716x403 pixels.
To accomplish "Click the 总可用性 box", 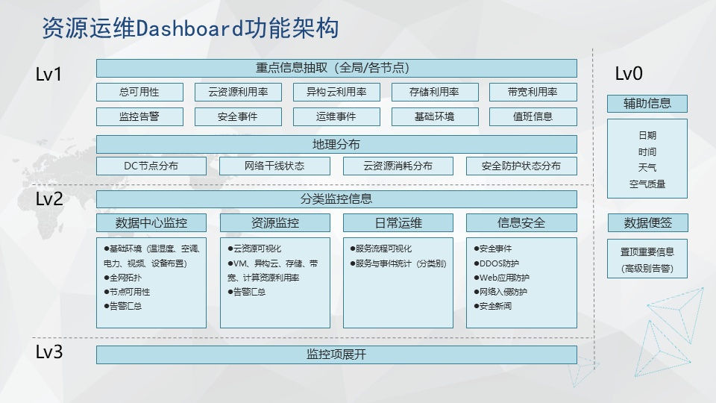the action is pyautogui.click(x=139, y=92).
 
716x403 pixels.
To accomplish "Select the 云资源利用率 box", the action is pyautogui.click(x=238, y=92).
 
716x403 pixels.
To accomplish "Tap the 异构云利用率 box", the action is pyautogui.click(x=336, y=92).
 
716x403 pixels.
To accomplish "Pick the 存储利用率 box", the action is pyautogui.click(x=435, y=92).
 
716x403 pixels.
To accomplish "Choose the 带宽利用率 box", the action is pyautogui.click(x=533, y=92).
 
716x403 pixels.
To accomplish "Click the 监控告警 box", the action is pyautogui.click(x=139, y=116).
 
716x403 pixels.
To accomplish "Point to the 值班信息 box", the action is pyautogui.click(x=533, y=116).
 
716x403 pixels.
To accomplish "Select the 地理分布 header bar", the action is pyautogui.click(x=336, y=144).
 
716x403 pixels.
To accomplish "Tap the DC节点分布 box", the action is pyautogui.click(x=151, y=166).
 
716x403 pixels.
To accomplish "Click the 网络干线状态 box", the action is pyautogui.click(x=274, y=166).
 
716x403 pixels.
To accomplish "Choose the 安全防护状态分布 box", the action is pyautogui.click(x=521, y=166).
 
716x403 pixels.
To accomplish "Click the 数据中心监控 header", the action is pyautogui.click(x=151, y=223).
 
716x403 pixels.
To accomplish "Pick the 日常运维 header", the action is pyautogui.click(x=398, y=223).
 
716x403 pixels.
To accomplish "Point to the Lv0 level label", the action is pyautogui.click(x=629, y=74).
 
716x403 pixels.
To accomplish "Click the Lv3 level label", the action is pyautogui.click(x=49, y=352).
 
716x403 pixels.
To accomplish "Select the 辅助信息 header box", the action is pyautogui.click(x=647, y=104).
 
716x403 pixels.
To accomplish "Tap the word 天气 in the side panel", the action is pyautogui.click(x=647, y=168).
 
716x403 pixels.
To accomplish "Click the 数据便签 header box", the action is pyautogui.click(x=647, y=223).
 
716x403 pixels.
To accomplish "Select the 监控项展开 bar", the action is pyautogui.click(x=336, y=354).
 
